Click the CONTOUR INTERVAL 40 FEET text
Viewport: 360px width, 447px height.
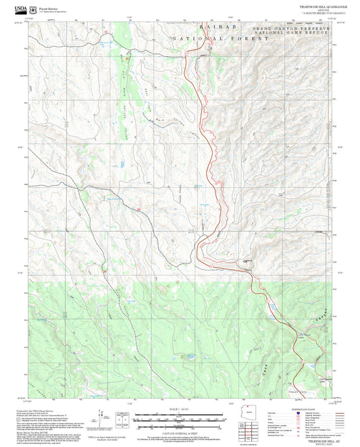point(180,432)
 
